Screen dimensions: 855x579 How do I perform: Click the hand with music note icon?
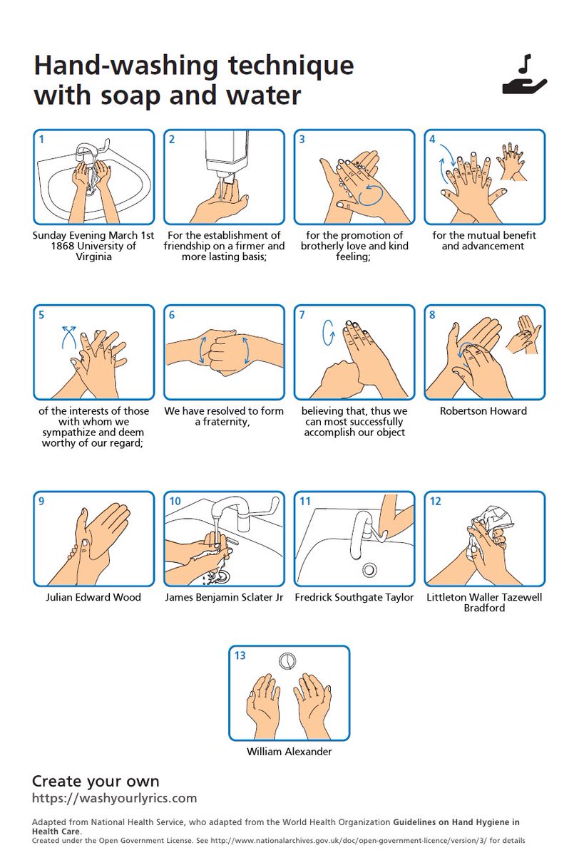click(x=524, y=76)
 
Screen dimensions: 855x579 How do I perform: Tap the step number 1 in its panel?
click(x=41, y=139)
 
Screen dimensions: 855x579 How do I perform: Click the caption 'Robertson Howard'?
click(x=483, y=411)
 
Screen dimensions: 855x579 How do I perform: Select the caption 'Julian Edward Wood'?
click(x=93, y=597)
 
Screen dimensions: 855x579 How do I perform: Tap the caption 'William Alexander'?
click(x=289, y=752)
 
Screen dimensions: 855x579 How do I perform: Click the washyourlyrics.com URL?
click(x=114, y=798)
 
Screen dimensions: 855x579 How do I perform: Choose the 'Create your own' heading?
click(x=96, y=781)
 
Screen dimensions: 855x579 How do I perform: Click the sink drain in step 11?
click(x=369, y=569)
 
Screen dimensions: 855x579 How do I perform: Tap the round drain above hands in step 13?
click(x=287, y=660)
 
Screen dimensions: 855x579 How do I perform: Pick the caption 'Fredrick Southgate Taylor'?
click(x=354, y=597)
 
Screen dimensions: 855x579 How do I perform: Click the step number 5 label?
click(x=41, y=315)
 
